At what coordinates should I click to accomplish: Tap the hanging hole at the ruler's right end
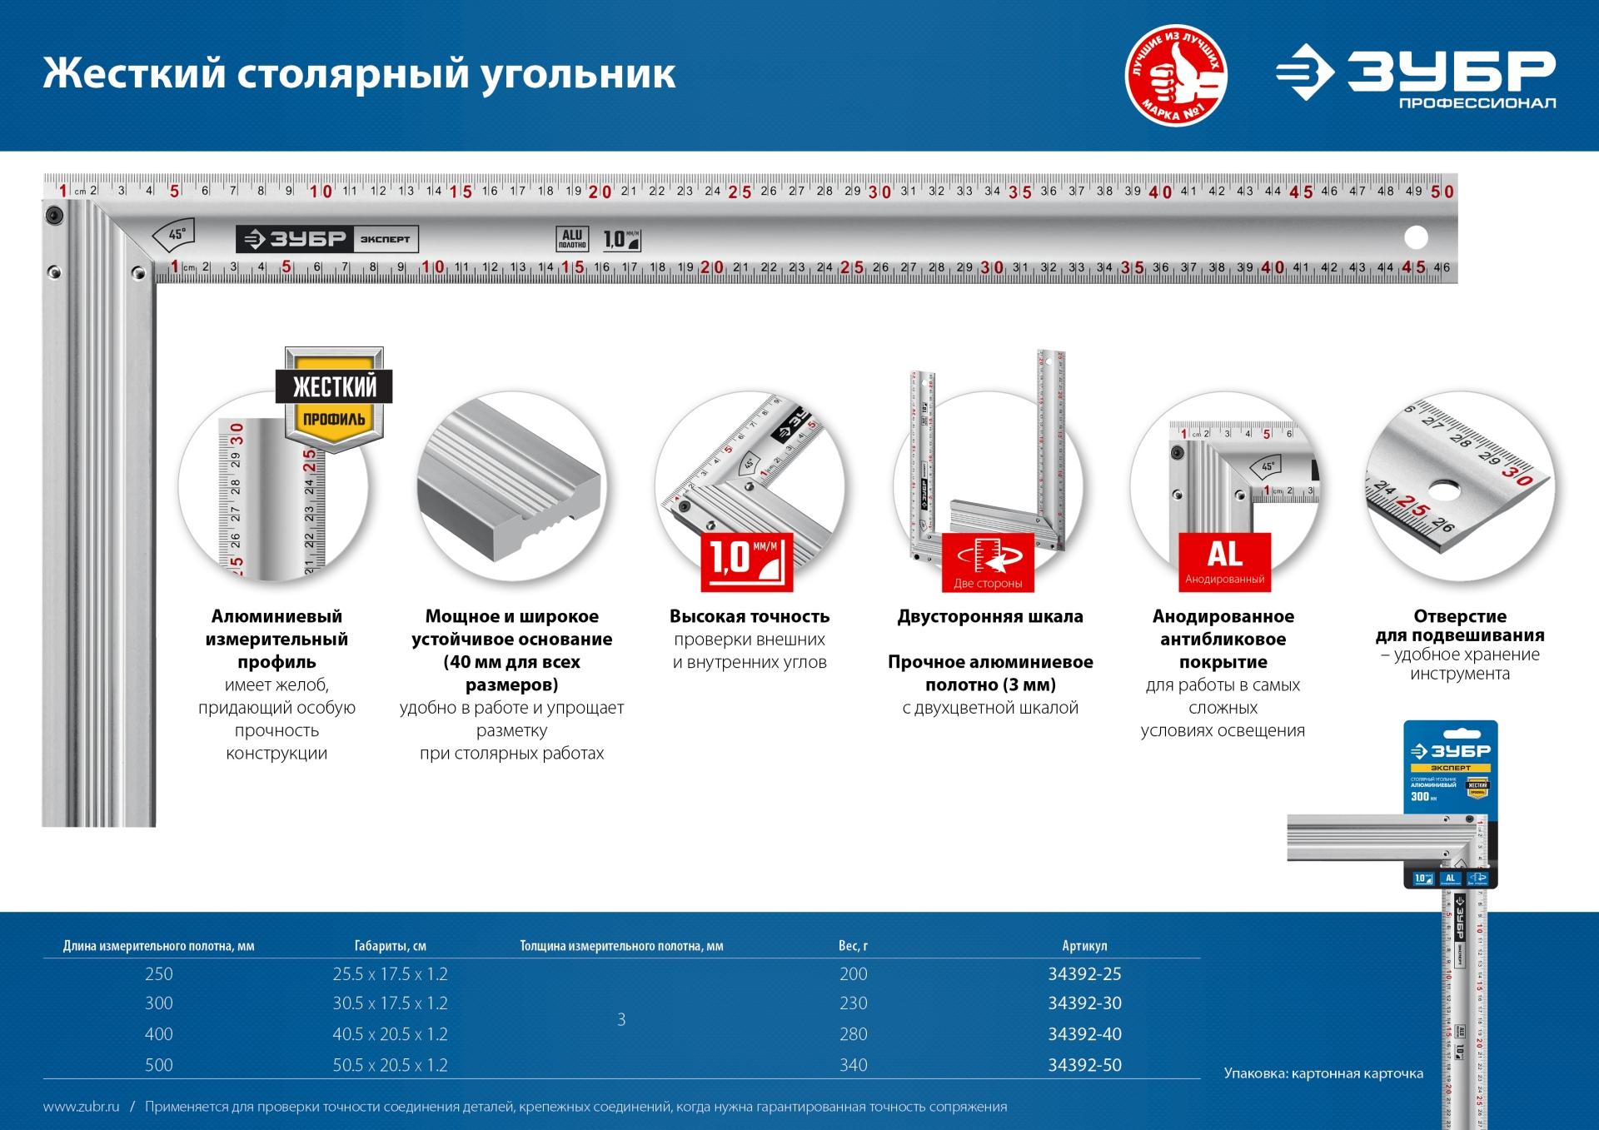[x=1415, y=238]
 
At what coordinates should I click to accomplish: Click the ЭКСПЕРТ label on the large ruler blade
[x=385, y=240]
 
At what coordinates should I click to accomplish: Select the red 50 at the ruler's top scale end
[x=1442, y=192]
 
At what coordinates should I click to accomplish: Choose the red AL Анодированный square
[x=1224, y=562]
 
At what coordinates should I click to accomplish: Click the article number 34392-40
[x=1084, y=1034]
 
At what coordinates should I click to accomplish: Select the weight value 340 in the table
[x=854, y=1065]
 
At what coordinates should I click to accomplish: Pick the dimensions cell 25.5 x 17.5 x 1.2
[x=390, y=974]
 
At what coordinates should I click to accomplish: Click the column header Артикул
[x=1084, y=946]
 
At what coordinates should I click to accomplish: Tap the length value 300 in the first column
[x=159, y=1004]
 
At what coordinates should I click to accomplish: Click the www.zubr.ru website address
[x=81, y=1108]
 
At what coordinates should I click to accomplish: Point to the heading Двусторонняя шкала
[x=989, y=617]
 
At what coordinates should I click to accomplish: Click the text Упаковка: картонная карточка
[x=1323, y=1074]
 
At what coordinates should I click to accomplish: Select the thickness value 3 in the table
[x=621, y=1020]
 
